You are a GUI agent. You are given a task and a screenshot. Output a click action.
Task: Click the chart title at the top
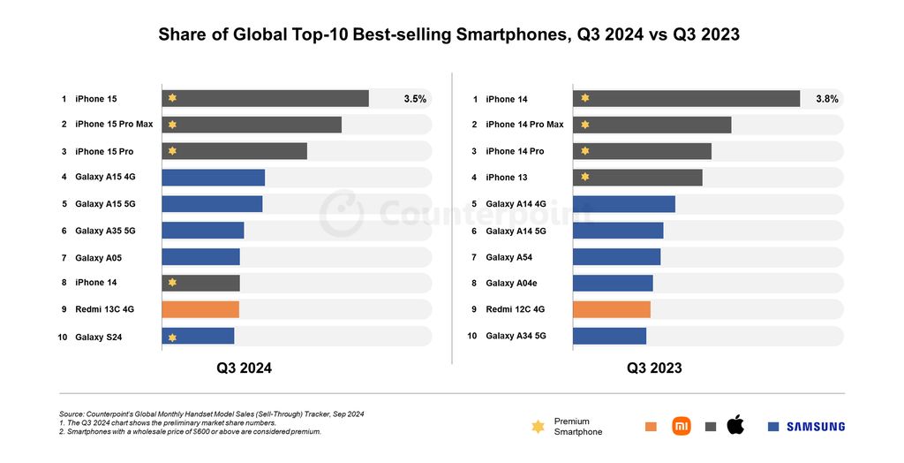tap(448, 35)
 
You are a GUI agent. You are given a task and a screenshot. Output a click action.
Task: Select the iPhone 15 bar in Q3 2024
tap(265, 98)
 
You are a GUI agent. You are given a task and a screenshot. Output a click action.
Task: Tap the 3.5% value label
tap(415, 99)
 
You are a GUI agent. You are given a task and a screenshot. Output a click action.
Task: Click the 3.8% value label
tap(826, 99)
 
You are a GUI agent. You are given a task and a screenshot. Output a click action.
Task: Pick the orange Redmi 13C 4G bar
tap(200, 309)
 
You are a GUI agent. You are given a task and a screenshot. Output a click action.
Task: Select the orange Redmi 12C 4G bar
tap(611, 309)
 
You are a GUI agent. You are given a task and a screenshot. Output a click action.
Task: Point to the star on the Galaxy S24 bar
tap(172, 337)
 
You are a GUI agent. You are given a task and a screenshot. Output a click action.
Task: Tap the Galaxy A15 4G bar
tap(213, 178)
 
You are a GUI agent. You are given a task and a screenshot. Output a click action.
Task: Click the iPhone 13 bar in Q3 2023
tap(637, 178)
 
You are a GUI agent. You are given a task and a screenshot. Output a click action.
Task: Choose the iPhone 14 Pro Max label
tap(524, 125)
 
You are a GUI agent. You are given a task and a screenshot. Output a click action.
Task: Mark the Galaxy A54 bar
tap(616, 257)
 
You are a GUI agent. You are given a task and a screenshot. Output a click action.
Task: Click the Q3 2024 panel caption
tap(244, 368)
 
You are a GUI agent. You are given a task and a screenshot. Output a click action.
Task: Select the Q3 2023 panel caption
tap(654, 368)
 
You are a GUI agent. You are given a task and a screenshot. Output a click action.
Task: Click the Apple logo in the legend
tap(734, 425)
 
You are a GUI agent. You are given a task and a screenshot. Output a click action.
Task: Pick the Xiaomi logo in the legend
tap(681, 426)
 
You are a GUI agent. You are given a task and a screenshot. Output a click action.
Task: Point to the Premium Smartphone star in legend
tap(538, 427)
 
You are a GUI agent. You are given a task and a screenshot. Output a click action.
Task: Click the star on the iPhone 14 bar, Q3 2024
tap(172, 283)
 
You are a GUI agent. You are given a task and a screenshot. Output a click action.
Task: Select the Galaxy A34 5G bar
tap(609, 336)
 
